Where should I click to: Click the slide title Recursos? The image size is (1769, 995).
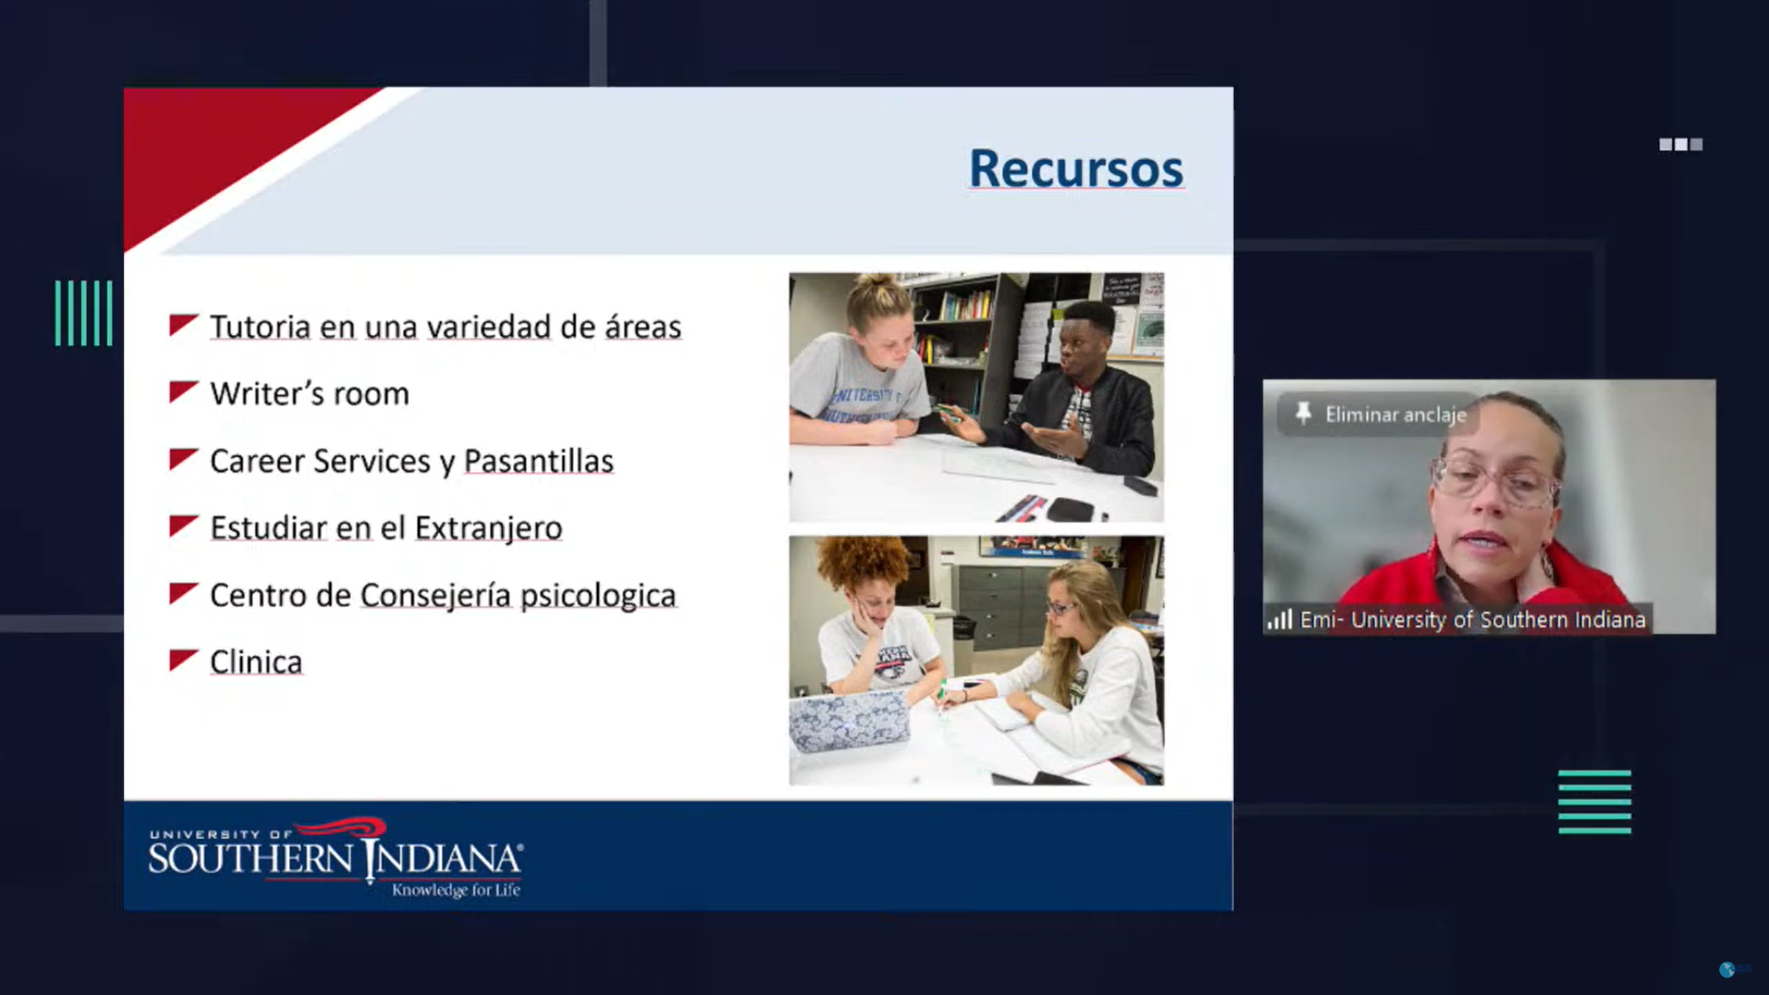point(1076,169)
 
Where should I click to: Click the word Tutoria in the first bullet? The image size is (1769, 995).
point(260,327)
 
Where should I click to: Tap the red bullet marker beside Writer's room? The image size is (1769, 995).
point(184,392)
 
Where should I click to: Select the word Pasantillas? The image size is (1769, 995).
point(538,461)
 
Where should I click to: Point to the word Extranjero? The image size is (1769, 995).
point(489,529)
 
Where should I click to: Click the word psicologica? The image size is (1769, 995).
point(598,596)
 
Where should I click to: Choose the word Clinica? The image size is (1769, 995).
point(256,662)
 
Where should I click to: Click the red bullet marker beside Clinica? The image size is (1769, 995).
point(184,660)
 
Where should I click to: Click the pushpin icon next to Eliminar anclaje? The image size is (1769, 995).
point(1303,413)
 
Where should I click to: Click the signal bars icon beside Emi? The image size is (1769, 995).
point(1280,619)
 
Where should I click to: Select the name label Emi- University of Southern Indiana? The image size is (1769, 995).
point(1472,620)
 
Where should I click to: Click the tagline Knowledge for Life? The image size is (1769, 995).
point(456,890)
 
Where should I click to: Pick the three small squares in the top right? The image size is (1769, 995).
point(1681,144)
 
